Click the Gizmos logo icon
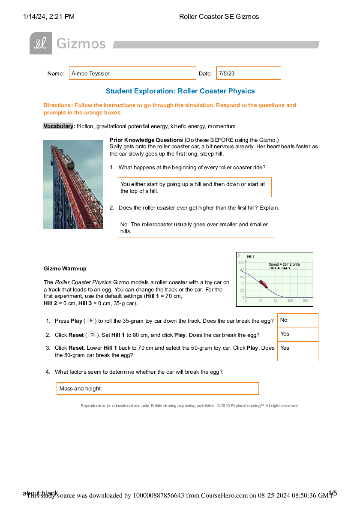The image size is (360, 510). click(41, 43)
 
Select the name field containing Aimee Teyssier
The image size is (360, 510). click(132, 73)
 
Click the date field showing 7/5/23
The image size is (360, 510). click(249, 73)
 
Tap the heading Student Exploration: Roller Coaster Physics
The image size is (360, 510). click(180, 91)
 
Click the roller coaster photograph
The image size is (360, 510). click(73, 184)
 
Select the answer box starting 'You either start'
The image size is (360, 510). click(195, 187)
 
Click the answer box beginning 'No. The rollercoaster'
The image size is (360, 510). click(196, 228)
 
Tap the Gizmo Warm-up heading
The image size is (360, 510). click(65, 269)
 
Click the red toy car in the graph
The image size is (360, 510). click(263, 284)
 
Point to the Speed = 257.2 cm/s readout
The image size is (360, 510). click(284, 264)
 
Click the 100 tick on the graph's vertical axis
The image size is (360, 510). click(241, 262)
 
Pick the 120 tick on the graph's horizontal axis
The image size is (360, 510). click(290, 301)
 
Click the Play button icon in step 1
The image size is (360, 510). click(90, 321)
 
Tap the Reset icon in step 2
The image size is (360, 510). click(92, 335)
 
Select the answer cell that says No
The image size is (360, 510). click(298, 320)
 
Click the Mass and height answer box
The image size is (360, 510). click(157, 388)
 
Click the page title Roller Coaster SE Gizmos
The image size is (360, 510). click(219, 17)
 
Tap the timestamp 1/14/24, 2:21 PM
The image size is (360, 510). click(49, 17)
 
